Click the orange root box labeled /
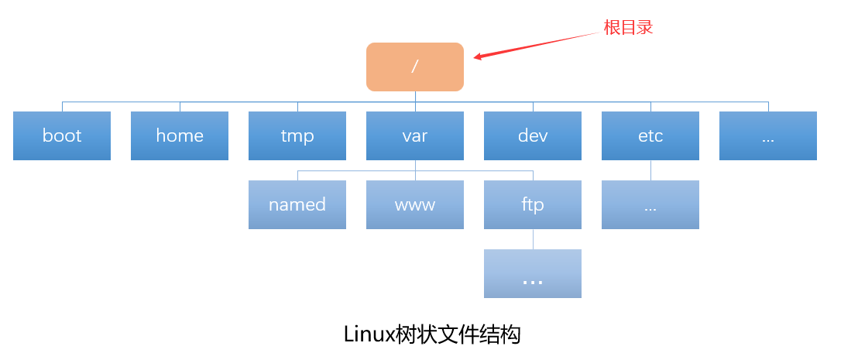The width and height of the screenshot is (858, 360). pos(415,67)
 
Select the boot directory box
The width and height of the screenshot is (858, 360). pos(62,135)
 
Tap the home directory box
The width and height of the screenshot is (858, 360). pos(180,135)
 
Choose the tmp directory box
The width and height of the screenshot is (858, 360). pos(297,135)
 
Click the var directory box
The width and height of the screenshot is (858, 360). pos(415,135)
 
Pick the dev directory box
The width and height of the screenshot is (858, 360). pos(533,135)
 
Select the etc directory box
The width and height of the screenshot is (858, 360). pos(650,135)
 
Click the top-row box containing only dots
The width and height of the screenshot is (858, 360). pos(768,135)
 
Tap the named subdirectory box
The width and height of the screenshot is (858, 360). pos(297,204)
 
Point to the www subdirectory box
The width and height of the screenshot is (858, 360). pos(415,204)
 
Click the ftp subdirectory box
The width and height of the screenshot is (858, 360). pos(533,204)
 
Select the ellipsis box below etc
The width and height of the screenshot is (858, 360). pos(650,204)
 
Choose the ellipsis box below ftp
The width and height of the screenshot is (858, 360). pos(533,273)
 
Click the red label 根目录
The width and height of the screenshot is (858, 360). pos(628,28)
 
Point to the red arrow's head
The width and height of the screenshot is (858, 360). pos(478,57)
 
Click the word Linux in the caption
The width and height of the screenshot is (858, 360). pos(369,334)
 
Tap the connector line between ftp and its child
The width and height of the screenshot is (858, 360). pos(533,239)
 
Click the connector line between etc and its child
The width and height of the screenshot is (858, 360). pos(650,170)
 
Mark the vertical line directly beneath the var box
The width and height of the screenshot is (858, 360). pos(415,166)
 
